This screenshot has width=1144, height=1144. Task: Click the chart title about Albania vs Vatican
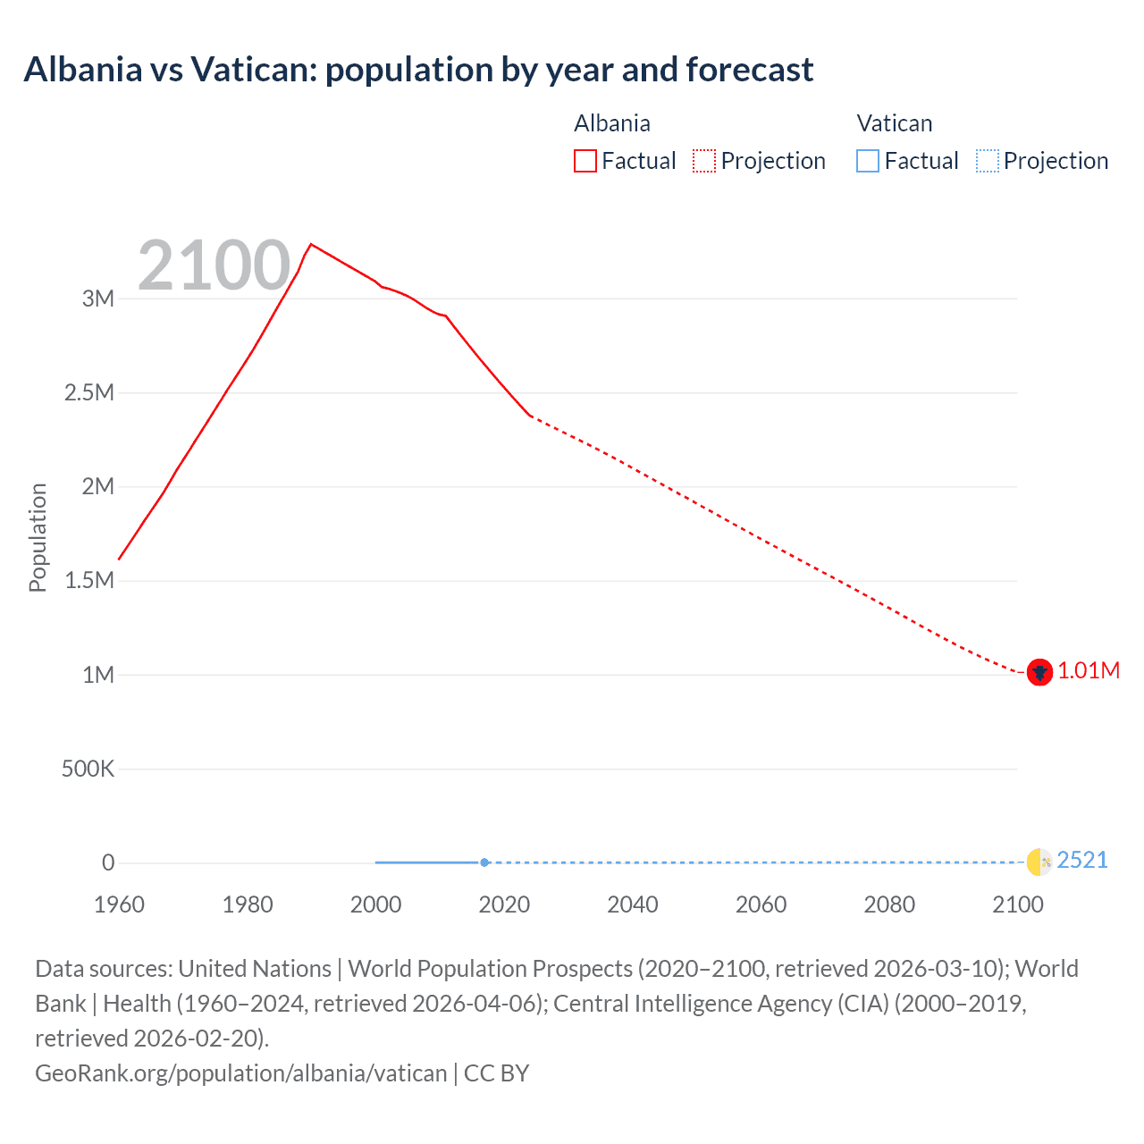pos(418,70)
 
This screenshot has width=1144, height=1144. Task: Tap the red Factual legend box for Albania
pos(585,161)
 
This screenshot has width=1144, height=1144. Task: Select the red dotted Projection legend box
pos(704,161)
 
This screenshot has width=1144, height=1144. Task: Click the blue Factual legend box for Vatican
pos(868,161)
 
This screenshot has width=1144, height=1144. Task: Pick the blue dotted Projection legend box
pos(987,161)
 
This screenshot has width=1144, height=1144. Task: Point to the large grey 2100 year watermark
pos(214,265)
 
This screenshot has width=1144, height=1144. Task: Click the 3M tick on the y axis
pos(98,299)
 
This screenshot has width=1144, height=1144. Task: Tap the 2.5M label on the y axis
pos(89,392)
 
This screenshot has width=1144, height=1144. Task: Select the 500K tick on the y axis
pos(88,769)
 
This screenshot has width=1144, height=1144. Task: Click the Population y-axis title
pos(38,537)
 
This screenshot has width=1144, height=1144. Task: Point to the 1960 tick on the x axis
pos(119,904)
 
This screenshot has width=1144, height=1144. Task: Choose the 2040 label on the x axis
pos(633,904)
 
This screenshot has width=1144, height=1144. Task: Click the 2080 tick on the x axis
pos(889,904)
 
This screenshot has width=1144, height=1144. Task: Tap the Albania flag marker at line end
pos(1039,672)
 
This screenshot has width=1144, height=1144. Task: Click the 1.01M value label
pos(1089,671)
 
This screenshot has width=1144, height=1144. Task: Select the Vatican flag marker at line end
pos(1039,862)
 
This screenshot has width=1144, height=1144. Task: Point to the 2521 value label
pos(1082,861)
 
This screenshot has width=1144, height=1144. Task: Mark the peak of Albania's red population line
pos(311,244)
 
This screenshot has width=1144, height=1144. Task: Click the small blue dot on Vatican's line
pos(484,862)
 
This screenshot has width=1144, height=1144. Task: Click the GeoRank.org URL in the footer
pos(240,1072)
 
